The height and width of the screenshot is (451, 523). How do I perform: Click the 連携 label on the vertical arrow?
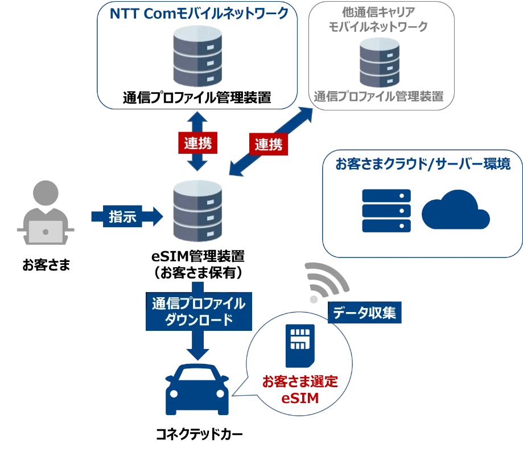click(197, 143)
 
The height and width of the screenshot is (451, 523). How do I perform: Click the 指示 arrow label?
click(122, 217)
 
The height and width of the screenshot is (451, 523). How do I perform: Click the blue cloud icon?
click(455, 210)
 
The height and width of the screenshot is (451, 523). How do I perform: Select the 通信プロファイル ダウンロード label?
click(198, 311)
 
